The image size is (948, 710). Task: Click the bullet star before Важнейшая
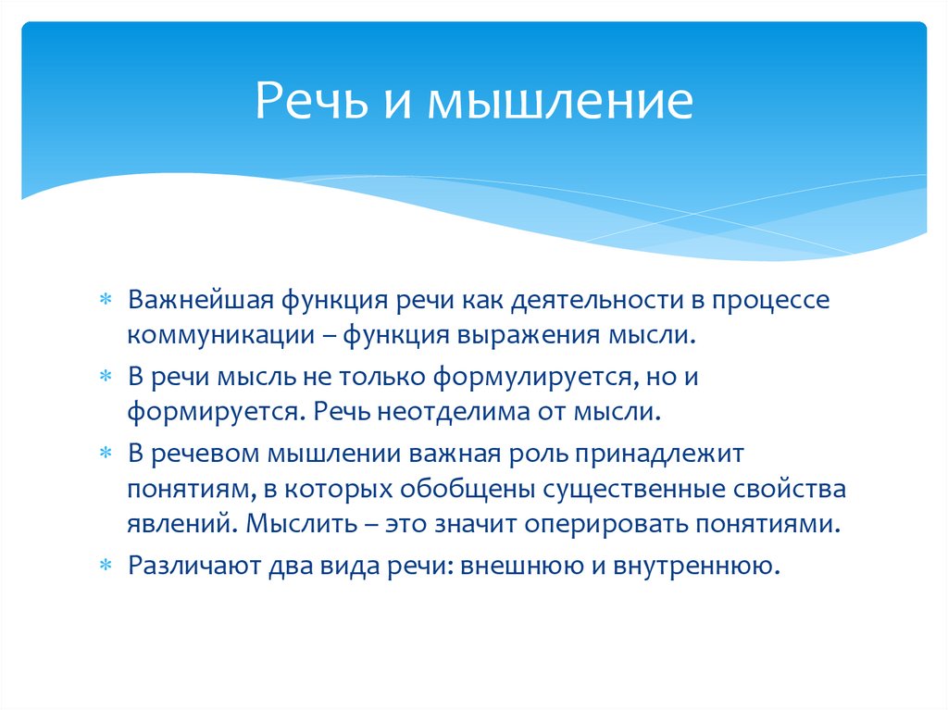(x=107, y=302)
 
